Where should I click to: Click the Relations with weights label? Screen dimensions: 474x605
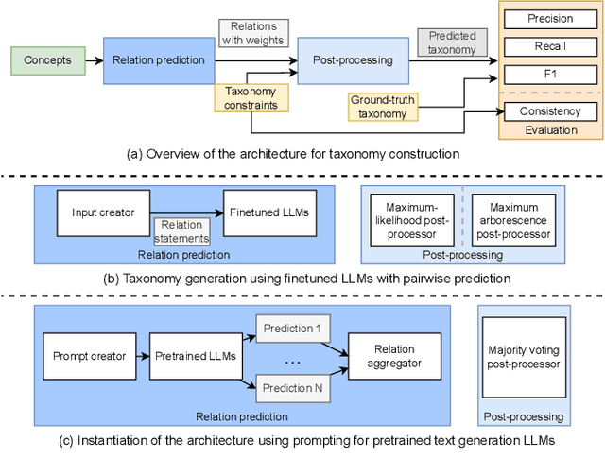tap(253, 33)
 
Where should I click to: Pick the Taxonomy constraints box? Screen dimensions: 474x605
tap(251, 99)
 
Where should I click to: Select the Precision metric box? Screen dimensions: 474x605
tap(550, 18)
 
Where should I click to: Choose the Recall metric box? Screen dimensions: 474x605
tap(550, 45)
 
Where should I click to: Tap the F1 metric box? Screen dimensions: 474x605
tap(550, 73)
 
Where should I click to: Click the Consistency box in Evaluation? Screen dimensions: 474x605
tap(550, 111)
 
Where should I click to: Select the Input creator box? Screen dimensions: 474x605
tap(104, 212)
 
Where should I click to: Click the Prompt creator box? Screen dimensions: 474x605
tap(88, 356)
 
